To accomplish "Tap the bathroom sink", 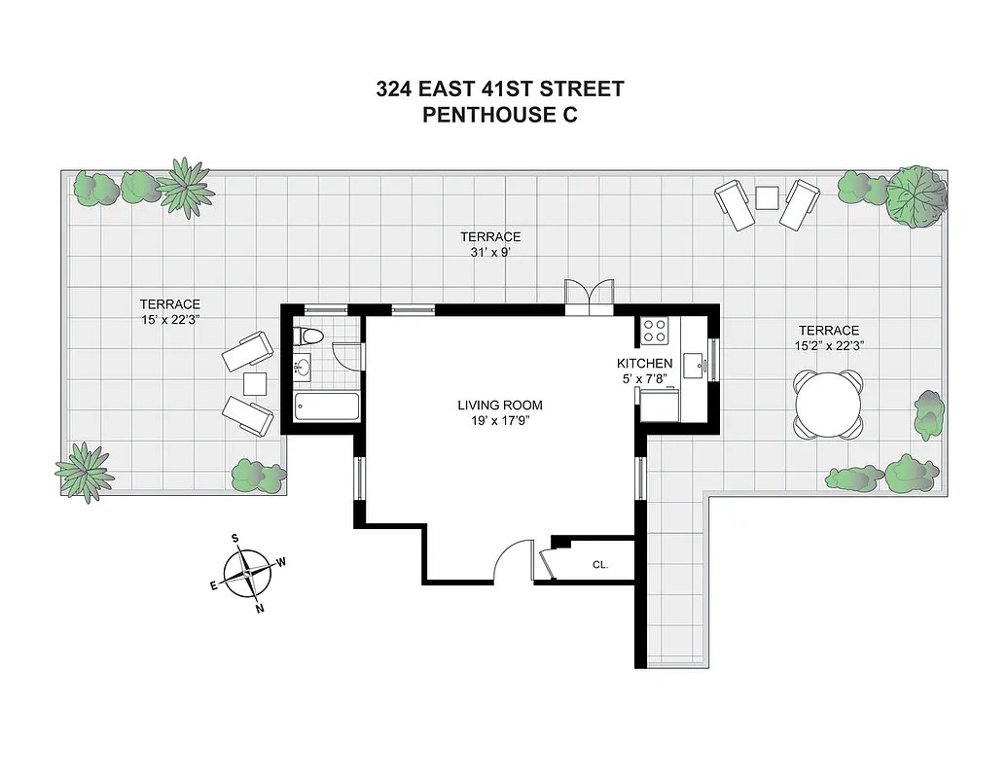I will coord(302,369).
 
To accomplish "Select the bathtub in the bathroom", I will coord(326,407).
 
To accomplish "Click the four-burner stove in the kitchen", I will coord(655,332).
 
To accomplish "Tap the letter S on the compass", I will coord(235,538).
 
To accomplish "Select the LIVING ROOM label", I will coord(500,406).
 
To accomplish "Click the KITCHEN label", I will coord(645,364).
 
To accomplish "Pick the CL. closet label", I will coord(600,564).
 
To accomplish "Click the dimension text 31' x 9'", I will coord(490,252).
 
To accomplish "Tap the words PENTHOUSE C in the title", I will coord(500,115).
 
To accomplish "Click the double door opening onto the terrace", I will coord(590,296).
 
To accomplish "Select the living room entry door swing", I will coord(513,561).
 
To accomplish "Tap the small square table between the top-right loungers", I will coord(767,197).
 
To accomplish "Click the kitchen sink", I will coord(694,366).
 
